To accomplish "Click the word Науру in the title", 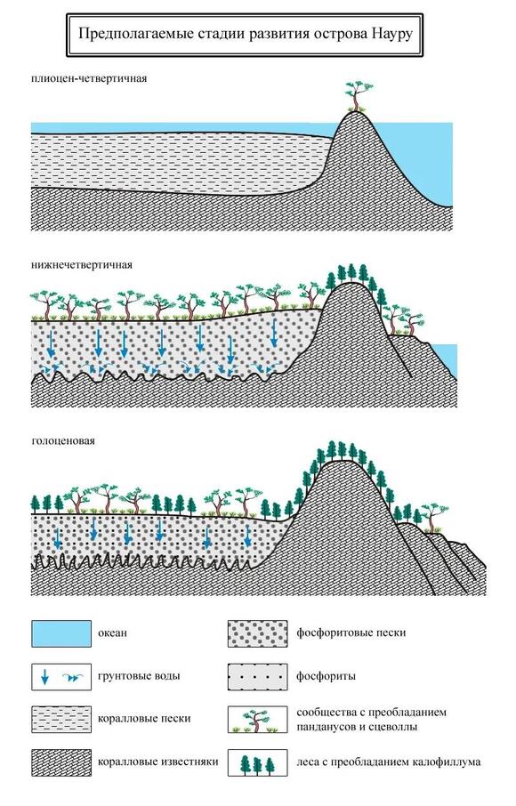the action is [x=391, y=34].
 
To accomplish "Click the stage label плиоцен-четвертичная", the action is [x=89, y=78].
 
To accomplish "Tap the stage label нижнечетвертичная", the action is [x=82, y=265].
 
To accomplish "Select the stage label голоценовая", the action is [x=63, y=441].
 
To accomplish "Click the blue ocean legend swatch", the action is [x=61, y=633].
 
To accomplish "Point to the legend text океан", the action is [x=112, y=633].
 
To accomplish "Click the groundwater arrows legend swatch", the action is [x=61, y=676].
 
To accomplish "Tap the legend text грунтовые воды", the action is [x=139, y=676].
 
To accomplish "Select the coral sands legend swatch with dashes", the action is [x=61, y=719].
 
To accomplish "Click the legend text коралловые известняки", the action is [x=158, y=762].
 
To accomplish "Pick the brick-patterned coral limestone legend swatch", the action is [x=61, y=762].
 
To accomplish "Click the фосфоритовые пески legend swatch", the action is [x=258, y=633].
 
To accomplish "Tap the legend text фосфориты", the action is [x=326, y=676].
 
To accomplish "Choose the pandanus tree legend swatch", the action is [x=258, y=719].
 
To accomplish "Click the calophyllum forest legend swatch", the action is [x=258, y=762].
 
